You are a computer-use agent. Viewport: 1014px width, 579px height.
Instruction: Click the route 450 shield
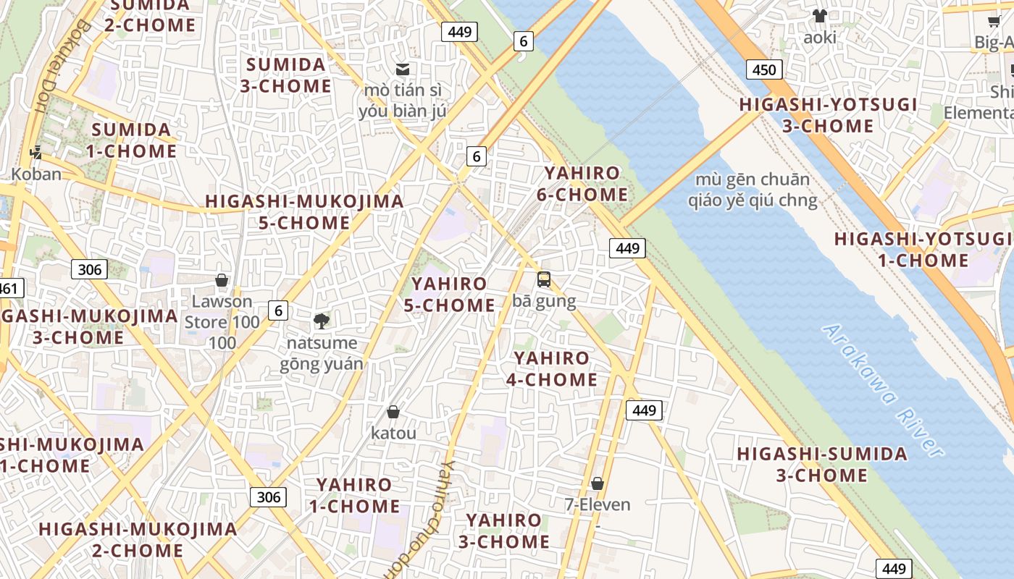click(x=763, y=69)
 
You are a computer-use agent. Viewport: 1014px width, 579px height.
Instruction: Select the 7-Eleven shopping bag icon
click(x=598, y=483)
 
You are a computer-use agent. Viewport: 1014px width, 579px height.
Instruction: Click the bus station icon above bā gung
click(x=544, y=279)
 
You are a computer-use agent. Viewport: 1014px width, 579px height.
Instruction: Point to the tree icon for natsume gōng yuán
click(x=321, y=321)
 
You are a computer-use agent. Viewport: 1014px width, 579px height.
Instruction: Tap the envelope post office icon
click(x=403, y=69)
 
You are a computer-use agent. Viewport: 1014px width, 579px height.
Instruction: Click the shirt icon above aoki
click(x=819, y=16)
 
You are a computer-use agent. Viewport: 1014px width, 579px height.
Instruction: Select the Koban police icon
click(x=35, y=153)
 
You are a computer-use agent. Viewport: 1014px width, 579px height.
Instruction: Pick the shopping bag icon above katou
click(x=393, y=412)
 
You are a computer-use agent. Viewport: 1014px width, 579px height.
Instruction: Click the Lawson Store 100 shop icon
click(x=222, y=280)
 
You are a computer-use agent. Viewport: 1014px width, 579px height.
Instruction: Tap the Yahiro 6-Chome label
click(x=582, y=184)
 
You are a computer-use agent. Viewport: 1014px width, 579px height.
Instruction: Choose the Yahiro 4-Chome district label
click(x=552, y=368)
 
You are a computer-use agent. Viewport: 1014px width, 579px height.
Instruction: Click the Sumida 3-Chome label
click(x=286, y=75)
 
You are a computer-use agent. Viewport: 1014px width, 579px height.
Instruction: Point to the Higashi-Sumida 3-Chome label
click(x=822, y=465)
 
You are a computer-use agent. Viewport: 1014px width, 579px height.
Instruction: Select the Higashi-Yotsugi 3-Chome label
click(x=828, y=115)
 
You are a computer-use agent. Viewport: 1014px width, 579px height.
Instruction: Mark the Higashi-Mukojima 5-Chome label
click(x=305, y=212)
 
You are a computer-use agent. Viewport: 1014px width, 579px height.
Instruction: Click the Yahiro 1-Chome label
click(x=355, y=495)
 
